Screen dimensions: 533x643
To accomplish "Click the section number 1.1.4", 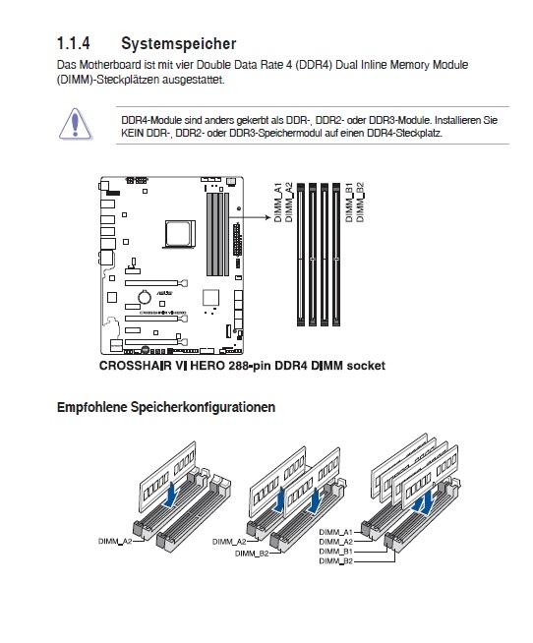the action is pyautogui.click(x=74, y=43).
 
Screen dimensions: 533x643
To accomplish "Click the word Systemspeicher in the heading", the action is pyautogui.click(x=179, y=44).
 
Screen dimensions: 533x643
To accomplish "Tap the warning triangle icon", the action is pyautogui.click(x=75, y=124).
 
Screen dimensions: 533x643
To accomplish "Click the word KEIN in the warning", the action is pyautogui.click(x=132, y=133).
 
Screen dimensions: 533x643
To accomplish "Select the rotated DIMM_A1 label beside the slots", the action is pyautogui.click(x=278, y=203).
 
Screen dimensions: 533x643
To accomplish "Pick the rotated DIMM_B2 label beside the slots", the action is pyautogui.click(x=360, y=203).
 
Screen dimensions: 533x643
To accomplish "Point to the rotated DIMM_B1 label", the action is pyautogui.click(x=349, y=203).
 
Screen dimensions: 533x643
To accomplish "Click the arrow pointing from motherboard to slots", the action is pyautogui.click(x=250, y=217).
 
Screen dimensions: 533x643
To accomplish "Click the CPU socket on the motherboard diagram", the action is pyautogui.click(x=180, y=234).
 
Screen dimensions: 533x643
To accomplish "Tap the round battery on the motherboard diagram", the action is pyautogui.click(x=144, y=296).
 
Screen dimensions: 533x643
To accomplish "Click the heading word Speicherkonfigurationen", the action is pyautogui.click(x=204, y=407).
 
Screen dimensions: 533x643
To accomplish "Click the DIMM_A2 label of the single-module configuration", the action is pyautogui.click(x=115, y=541).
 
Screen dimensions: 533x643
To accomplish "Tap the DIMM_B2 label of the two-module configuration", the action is pyautogui.click(x=252, y=554).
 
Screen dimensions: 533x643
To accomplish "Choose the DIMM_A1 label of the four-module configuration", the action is pyautogui.click(x=335, y=532).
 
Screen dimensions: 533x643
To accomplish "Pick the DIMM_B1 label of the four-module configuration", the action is pyautogui.click(x=335, y=552).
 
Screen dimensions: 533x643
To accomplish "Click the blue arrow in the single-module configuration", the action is pyautogui.click(x=171, y=495).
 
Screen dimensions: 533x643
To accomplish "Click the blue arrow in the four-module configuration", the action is pyautogui.click(x=424, y=503).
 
